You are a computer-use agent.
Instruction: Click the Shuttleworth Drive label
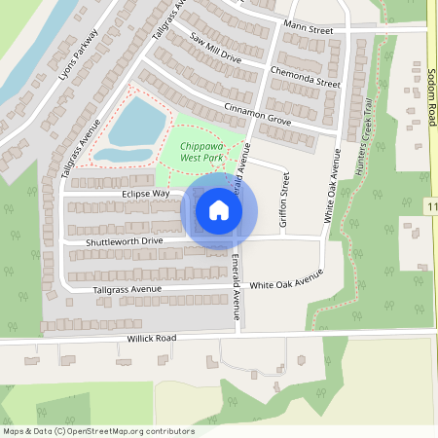coord(125,239)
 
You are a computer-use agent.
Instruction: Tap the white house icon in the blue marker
coord(219,209)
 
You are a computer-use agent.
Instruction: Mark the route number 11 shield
coord(431,206)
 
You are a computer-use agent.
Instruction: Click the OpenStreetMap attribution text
coord(98,431)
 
